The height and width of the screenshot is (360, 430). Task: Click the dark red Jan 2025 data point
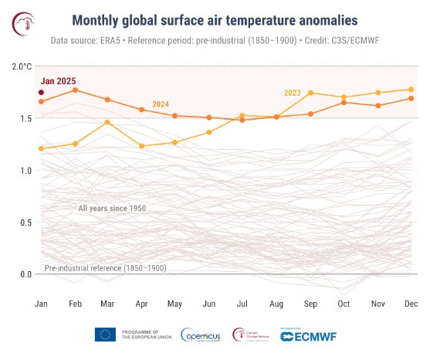click(x=41, y=93)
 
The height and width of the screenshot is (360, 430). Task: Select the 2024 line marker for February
click(x=75, y=90)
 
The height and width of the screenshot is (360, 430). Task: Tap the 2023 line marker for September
click(x=310, y=93)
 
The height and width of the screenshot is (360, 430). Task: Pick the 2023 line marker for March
click(x=108, y=122)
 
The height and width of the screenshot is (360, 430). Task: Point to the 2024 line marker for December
click(x=411, y=98)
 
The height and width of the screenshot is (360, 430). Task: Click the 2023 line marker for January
click(x=41, y=148)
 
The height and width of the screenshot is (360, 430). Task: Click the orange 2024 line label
click(x=161, y=104)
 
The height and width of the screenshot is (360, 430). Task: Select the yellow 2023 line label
click(x=292, y=93)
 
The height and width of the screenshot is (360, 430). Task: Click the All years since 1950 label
click(x=112, y=209)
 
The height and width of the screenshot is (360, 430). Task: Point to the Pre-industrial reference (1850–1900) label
click(x=105, y=267)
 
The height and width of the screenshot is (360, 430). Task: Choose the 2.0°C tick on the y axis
click(x=22, y=66)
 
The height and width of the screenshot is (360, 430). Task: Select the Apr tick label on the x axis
click(x=142, y=304)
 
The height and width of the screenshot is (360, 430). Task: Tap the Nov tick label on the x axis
click(x=378, y=304)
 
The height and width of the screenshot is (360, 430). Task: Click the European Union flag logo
click(x=106, y=335)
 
